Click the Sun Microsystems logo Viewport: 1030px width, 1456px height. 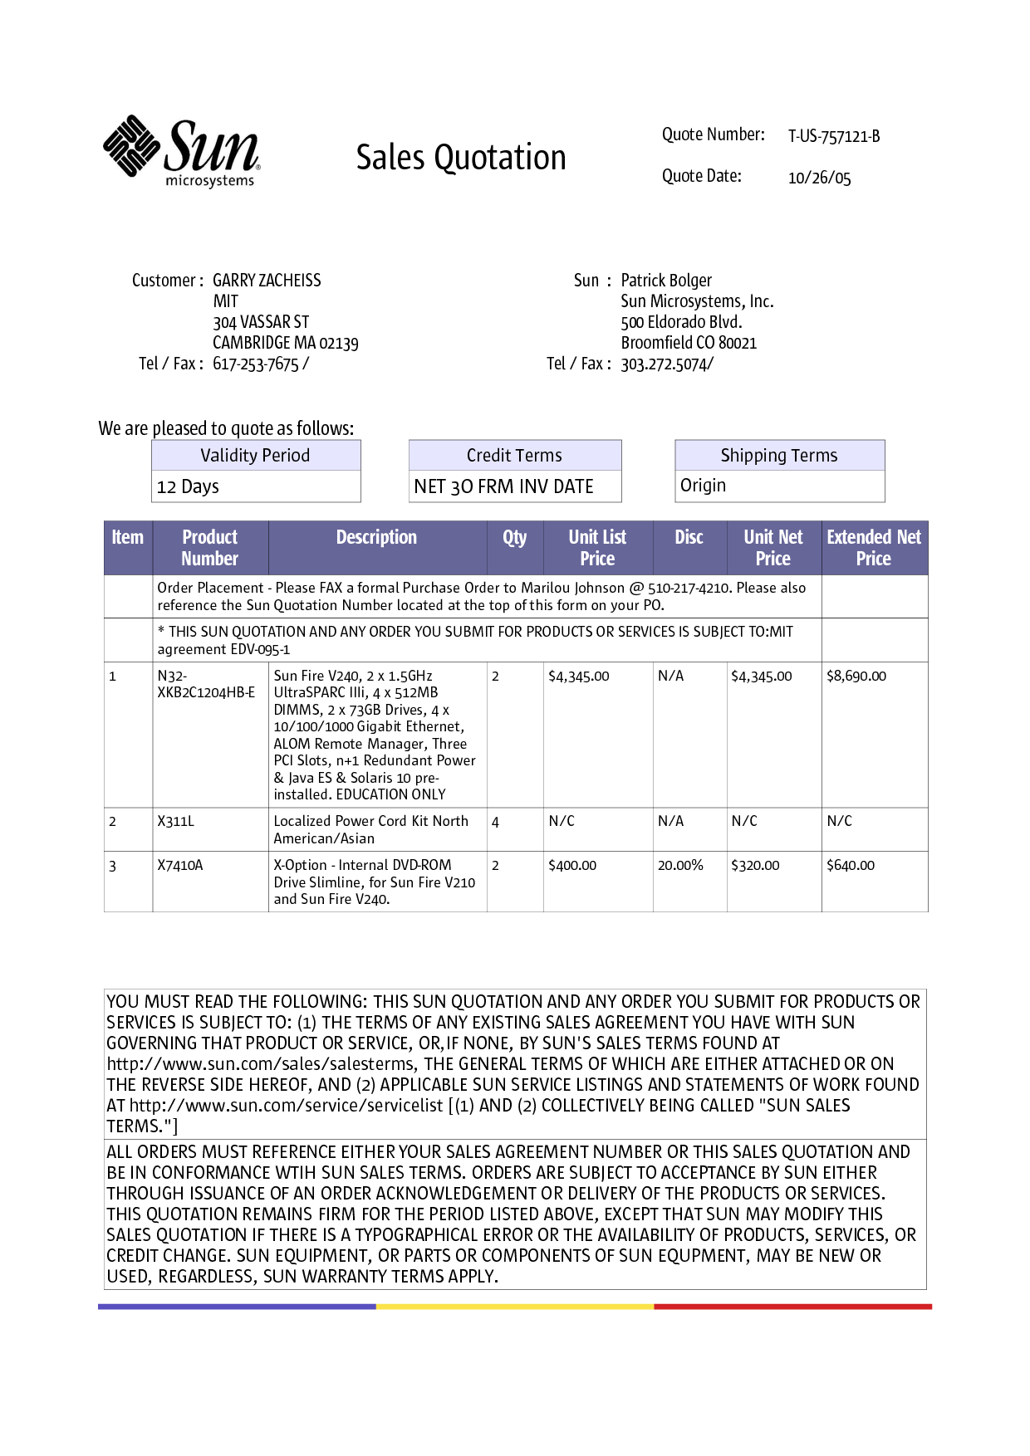tap(182, 151)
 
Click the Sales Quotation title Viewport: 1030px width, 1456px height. tap(461, 158)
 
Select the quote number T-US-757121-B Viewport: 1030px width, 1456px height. tap(833, 136)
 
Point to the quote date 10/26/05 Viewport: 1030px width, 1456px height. tap(819, 178)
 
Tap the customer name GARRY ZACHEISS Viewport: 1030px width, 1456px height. tap(267, 281)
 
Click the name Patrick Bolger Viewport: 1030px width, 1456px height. tap(666, 281)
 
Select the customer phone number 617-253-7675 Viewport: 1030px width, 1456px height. tap(256, 364)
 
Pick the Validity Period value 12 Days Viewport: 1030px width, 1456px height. tap(189, 486)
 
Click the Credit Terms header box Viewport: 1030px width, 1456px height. tap(514, 455)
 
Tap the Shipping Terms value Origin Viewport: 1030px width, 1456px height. tap(703, 486)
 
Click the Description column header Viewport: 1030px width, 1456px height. tap(376, 538)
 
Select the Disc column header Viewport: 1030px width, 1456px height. tap(689, 538)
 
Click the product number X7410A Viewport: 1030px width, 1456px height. tap(180, 865)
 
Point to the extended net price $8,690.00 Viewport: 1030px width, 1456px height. tap(856, 676)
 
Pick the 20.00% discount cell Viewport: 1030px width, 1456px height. tap(680, 865)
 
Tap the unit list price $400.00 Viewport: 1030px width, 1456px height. tap(572, 865)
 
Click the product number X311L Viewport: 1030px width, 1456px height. tap(176, 821)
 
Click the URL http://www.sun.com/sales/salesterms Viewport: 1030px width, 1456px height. tap(261, 1064)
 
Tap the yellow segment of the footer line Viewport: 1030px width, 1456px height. tap(515, 1307)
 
